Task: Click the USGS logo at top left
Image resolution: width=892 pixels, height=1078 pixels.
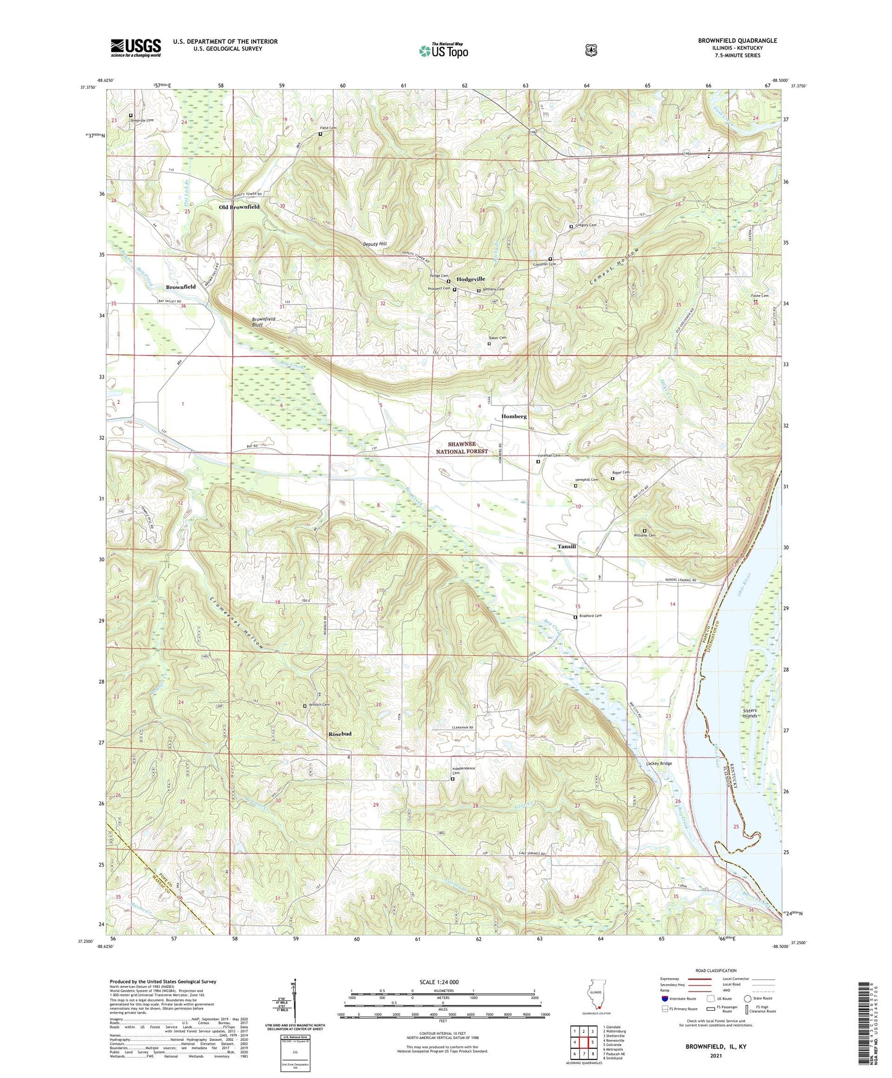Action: pyautogui.click(x=136, y=48)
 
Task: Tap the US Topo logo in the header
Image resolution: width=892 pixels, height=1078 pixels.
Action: pyautogui.click(x=443, y=51)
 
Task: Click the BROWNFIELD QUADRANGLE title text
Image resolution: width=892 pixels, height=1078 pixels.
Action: pyautogui.click(x=737, y=41)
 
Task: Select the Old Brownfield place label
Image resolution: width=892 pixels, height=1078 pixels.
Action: pyautogui.click(x=240, y=207)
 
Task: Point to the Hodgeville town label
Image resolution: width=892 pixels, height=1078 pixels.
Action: pyautogui.click(x=470, y=279)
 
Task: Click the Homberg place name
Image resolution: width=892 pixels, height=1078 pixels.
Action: pyautogui.click(x=514, y=416)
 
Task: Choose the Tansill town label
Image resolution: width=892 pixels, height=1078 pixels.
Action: pyautogui.click(x=567, y=546)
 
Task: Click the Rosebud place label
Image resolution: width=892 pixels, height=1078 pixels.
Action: pyautogui.click(x=340, y=733)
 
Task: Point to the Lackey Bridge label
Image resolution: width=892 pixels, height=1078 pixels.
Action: pyautogui.click(x=659, y=764)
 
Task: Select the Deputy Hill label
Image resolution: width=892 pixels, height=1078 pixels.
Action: pyautogui.click(x=374, y=244)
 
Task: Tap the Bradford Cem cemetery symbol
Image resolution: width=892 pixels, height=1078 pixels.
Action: pyautogui.click(x=575, y=617)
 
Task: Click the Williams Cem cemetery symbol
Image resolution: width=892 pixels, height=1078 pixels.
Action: pyautogui.click(x=644, y=531)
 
